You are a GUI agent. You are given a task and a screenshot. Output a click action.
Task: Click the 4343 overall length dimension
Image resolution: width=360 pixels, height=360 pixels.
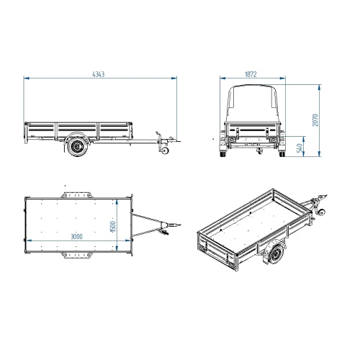pos(99,74)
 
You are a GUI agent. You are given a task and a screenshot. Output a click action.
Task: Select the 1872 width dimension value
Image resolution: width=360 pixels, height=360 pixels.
pos(251,74)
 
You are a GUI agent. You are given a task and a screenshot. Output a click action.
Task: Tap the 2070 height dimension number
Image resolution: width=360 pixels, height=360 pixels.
pos(315,120)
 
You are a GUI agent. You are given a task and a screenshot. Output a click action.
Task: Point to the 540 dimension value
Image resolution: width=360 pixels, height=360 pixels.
pos(300,148)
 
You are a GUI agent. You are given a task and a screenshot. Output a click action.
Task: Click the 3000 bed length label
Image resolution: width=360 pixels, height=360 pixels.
pos(76,236)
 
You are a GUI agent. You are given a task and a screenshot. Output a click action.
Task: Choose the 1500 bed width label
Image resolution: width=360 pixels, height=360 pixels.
pos(113,227)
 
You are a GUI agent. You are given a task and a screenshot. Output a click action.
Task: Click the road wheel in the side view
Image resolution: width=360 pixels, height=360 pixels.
pos(78,146)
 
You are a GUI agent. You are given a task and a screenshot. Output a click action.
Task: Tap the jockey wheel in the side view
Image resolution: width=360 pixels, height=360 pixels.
pos(165,150)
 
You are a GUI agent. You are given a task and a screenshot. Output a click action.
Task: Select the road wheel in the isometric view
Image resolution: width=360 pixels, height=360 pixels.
pos(276,254)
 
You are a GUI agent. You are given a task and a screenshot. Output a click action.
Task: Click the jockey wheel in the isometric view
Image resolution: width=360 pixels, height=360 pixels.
pos(321,212)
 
